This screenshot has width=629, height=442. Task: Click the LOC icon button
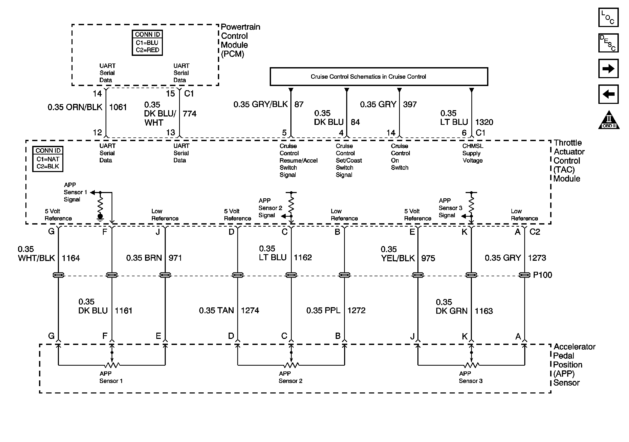click(x=608, y=17)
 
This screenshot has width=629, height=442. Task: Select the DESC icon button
click(x=608, y=43)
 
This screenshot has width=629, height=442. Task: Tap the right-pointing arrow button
click(x=608, y=68)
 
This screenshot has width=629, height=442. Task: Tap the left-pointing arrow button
click(x=608, y=94)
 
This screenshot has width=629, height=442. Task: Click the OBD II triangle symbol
click(x=609, y=120)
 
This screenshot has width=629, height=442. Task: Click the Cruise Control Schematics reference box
click(x=379, y=77)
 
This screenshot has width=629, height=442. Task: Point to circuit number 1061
click(x=118, y=107)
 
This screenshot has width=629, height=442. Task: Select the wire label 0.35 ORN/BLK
click(x=75, y=107)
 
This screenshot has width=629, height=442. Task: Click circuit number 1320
click(x=484, y=122)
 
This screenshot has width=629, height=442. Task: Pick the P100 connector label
click(x=542, y=275)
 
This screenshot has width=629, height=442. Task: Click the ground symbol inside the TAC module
click(x=100, y=217)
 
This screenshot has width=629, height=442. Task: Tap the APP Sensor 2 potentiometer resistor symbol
click(x=291, y=365)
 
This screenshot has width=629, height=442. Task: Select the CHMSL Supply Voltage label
click(x=473, y=153)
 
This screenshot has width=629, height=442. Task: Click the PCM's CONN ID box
click(x=147, y=43)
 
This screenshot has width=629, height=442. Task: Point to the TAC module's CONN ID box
click(x=48, y=159)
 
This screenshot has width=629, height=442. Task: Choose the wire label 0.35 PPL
click(x=323, y=310)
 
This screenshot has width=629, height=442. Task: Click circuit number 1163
click(x=483, y=311)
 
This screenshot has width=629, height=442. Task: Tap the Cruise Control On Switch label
click(x=400, y=157)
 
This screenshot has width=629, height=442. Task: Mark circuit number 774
click(x=190, y=114)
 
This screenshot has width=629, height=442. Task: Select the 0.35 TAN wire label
click(x=216, y=310)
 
